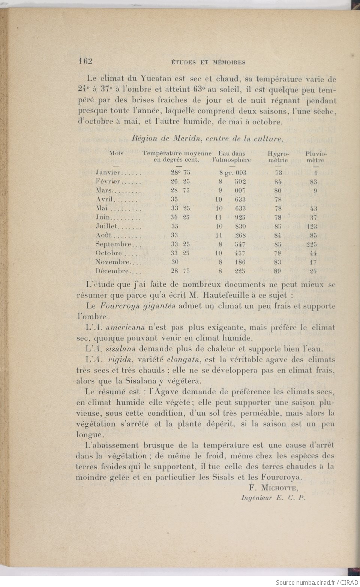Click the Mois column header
click(116, 153)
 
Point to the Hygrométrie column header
click(278, 157)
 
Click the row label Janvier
click(108, 173)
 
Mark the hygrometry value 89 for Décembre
click(278, 271)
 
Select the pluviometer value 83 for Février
click(313, 182)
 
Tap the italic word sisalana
click(118, 349)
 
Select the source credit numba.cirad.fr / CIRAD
click(317, 582)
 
